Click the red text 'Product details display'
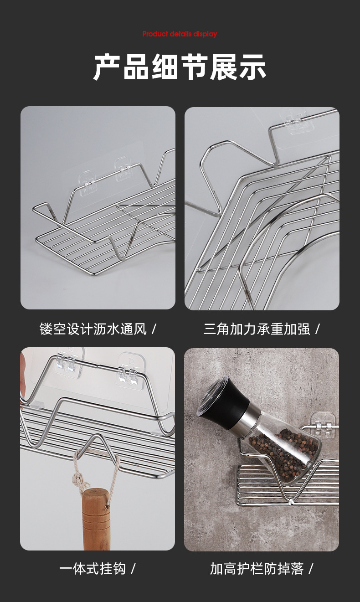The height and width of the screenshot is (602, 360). click(180, 34)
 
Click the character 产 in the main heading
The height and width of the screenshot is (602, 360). click(107, 67)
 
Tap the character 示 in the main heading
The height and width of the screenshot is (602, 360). click(252, 67)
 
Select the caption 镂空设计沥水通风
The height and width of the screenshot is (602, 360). click(93, 329)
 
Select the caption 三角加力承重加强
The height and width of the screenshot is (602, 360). click(257, 329)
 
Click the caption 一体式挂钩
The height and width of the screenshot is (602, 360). click(93, 568)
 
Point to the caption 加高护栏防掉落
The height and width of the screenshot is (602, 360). click(257, 568)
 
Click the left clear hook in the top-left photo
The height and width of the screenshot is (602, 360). click(87, 182)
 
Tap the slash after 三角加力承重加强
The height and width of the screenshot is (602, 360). click(318, 329)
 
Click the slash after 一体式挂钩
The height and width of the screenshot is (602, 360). click(133, 568)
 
